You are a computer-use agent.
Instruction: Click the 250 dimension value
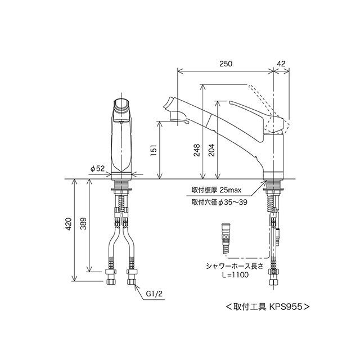(x=226, y=64)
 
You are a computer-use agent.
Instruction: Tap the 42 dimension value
(x=281, y=64)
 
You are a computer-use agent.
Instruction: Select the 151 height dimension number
(x=154, y=150)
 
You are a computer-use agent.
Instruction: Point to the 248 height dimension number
(x=196, y=150)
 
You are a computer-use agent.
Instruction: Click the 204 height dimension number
(x=211, y=150)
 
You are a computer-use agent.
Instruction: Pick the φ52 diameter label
(x=97, y=169)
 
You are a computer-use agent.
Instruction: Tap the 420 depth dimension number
(x=69, y=224)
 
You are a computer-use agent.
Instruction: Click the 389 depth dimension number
(x=83, y=224)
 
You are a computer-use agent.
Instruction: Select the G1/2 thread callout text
(x=154, y=294)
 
